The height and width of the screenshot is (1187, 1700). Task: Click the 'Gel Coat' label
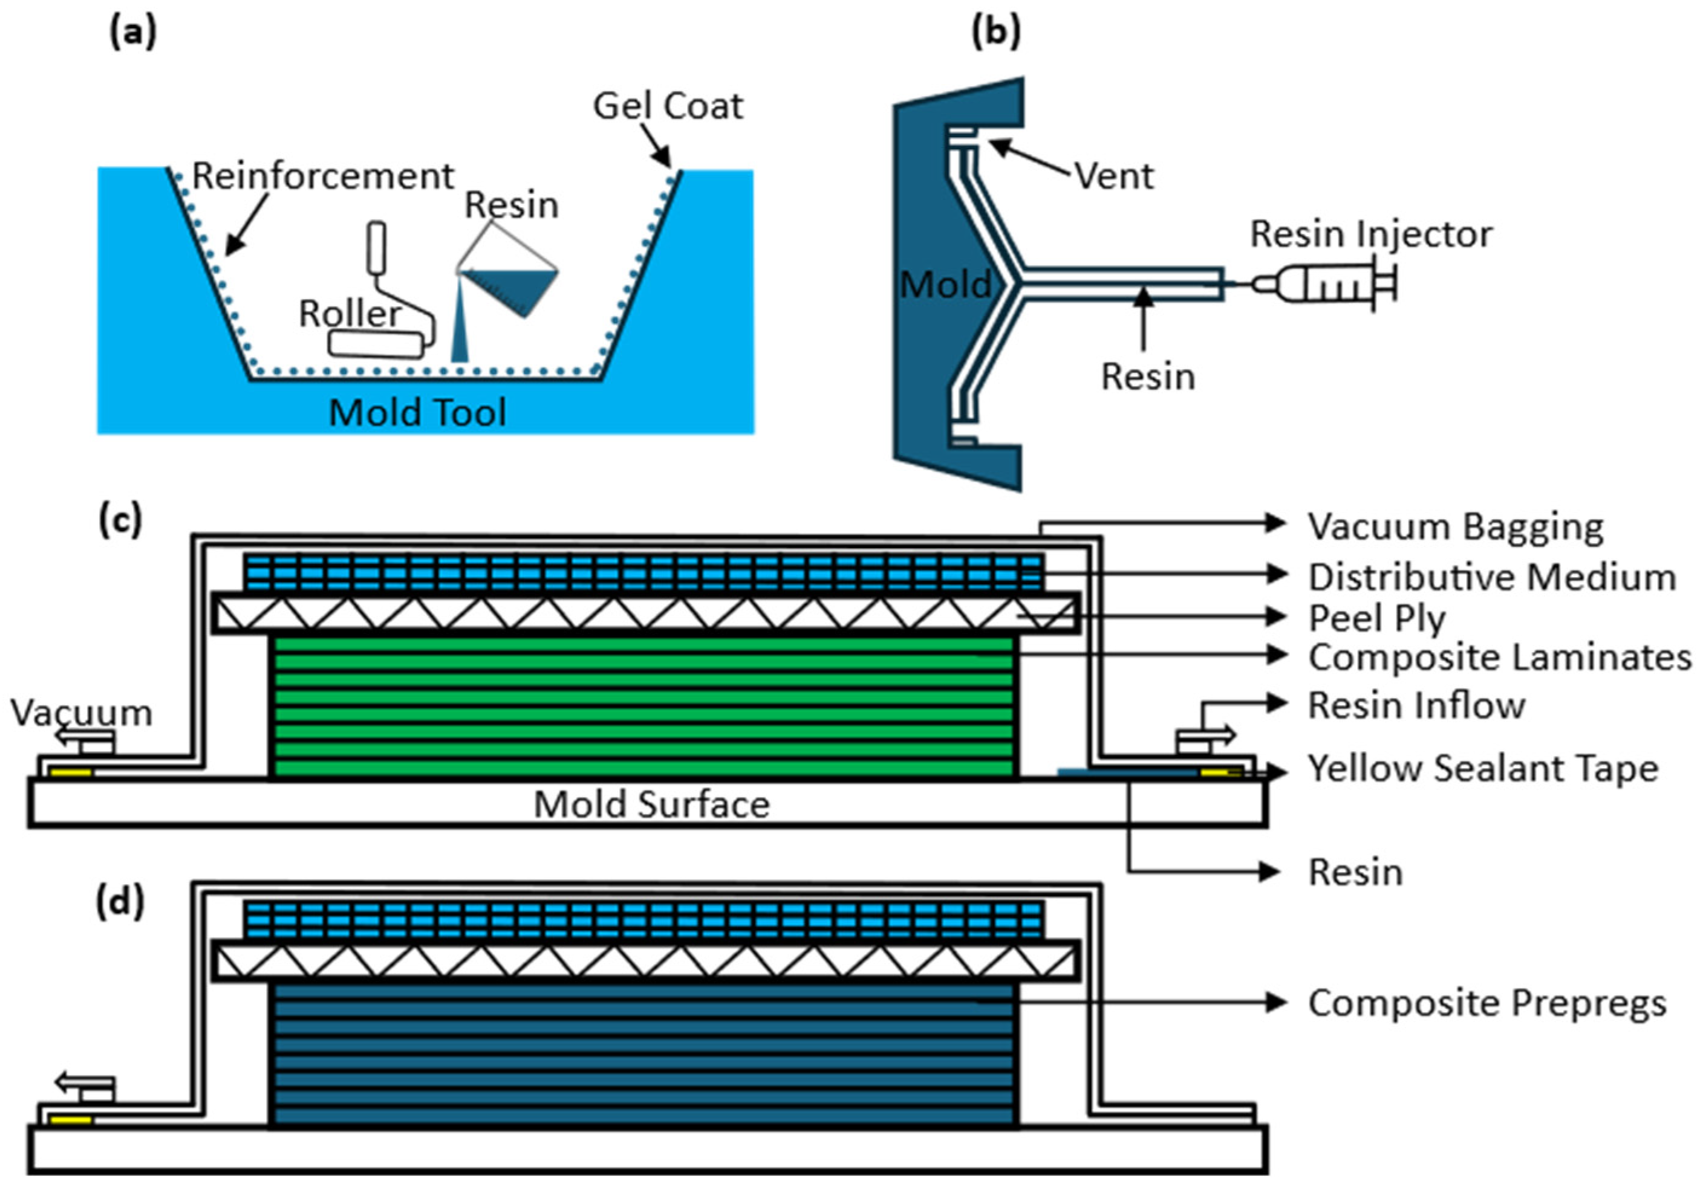(667, 106)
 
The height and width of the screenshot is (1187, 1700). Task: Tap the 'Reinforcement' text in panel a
(323, 176)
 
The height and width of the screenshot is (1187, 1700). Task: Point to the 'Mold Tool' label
(418, 412)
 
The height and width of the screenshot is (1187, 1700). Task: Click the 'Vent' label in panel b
(1113, 176)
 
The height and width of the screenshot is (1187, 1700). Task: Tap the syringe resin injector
(1326, 283)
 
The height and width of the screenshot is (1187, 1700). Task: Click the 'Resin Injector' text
(1371, 234)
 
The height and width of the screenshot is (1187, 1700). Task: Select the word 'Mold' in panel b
(945, 284)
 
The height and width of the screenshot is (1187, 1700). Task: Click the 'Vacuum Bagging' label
(1456, 527)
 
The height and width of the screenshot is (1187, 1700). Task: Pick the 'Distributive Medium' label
(1491, 577)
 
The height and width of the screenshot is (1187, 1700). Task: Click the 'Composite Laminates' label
(1500, 657)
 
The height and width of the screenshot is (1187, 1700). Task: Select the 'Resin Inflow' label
(1416, 705)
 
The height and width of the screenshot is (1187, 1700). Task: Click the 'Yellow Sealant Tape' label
(1483, 769)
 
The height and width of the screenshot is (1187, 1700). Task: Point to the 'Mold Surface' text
(651, 804)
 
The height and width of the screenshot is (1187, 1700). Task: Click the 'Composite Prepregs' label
(1487, 1003)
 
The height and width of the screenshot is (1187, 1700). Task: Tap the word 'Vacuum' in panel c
(82, 713)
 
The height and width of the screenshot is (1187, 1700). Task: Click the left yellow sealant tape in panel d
(70, 1121)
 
